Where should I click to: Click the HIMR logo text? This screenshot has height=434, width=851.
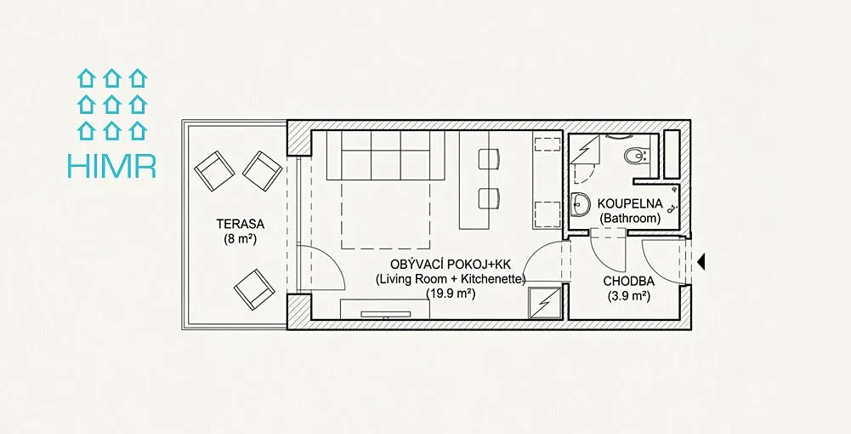111,166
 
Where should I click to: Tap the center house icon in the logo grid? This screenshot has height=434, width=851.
111,104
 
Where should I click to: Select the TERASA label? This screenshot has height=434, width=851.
240,224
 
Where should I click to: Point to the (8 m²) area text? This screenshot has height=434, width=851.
240,238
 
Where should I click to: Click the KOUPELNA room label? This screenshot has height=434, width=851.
630,204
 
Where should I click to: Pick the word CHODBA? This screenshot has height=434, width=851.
628,282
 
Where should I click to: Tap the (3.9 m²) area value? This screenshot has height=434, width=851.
629,297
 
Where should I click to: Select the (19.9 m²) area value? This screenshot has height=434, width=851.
451,294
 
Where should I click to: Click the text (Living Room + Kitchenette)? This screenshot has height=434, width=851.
451,279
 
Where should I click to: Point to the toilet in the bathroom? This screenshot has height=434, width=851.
634,157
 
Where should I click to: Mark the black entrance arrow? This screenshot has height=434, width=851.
701,262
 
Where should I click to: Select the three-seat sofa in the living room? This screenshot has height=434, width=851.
385,156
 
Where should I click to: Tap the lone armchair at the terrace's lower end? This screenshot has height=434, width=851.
254,289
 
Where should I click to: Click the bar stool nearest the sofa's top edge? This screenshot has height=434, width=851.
488,158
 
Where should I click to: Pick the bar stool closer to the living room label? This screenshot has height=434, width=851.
488,197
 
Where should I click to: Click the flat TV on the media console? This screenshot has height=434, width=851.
385,314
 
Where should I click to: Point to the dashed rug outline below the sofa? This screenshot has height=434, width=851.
385,215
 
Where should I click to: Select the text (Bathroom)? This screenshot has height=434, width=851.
630,219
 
